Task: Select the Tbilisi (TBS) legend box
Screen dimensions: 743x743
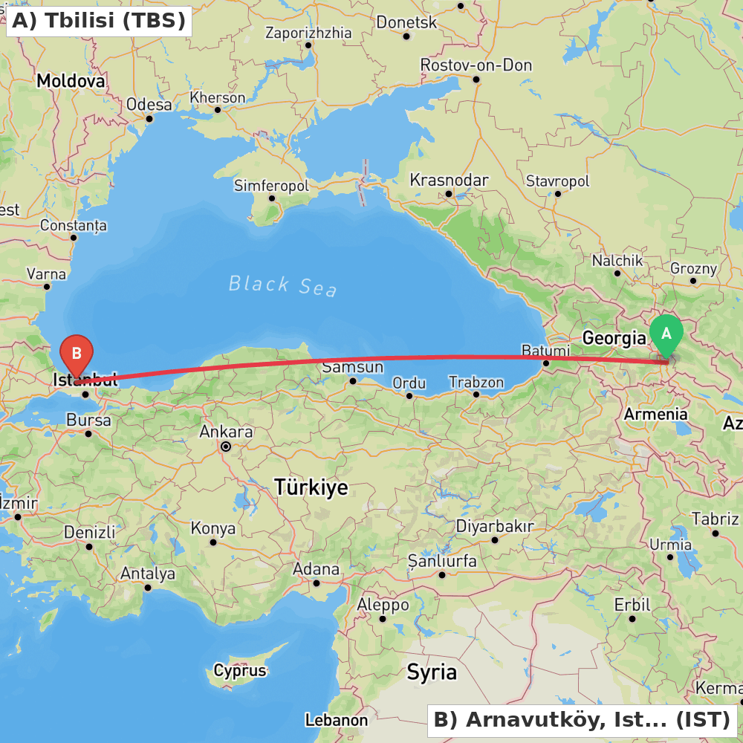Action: pos(99,21)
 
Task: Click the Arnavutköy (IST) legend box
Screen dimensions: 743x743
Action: pos(582,719)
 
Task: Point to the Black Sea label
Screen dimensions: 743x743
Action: pos(282,285)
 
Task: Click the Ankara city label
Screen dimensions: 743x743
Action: pos(226,432)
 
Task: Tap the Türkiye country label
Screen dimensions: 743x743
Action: pos(311,487)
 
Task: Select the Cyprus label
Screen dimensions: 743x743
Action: pos(239,670)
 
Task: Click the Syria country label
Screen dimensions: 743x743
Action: pos(431,672)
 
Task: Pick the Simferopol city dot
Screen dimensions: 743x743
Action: pos(272,198)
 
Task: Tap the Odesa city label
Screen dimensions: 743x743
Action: pos(149,105)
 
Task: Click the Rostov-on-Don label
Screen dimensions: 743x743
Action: pos(476,65)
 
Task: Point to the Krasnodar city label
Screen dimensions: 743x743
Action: pos(449,180)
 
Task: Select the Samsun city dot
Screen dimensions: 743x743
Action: pos(353,381)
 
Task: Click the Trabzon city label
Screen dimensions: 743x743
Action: pos(476,382)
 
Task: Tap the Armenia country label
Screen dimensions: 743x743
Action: pos(655,415)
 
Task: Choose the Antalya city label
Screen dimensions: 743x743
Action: pos(148,574)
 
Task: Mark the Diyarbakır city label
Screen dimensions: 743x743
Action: pos(494,526)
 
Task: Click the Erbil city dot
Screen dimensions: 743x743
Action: pos(632,618)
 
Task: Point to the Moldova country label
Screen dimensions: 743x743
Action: pos(71,80)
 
